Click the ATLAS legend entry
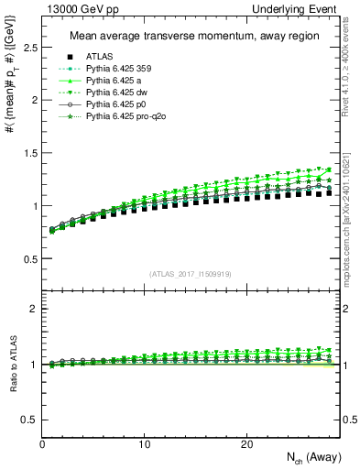[x=98, y=57]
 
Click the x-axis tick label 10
[x=145, y=444]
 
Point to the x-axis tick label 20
[x=246, y=444]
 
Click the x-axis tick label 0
[x=43, y=444]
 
